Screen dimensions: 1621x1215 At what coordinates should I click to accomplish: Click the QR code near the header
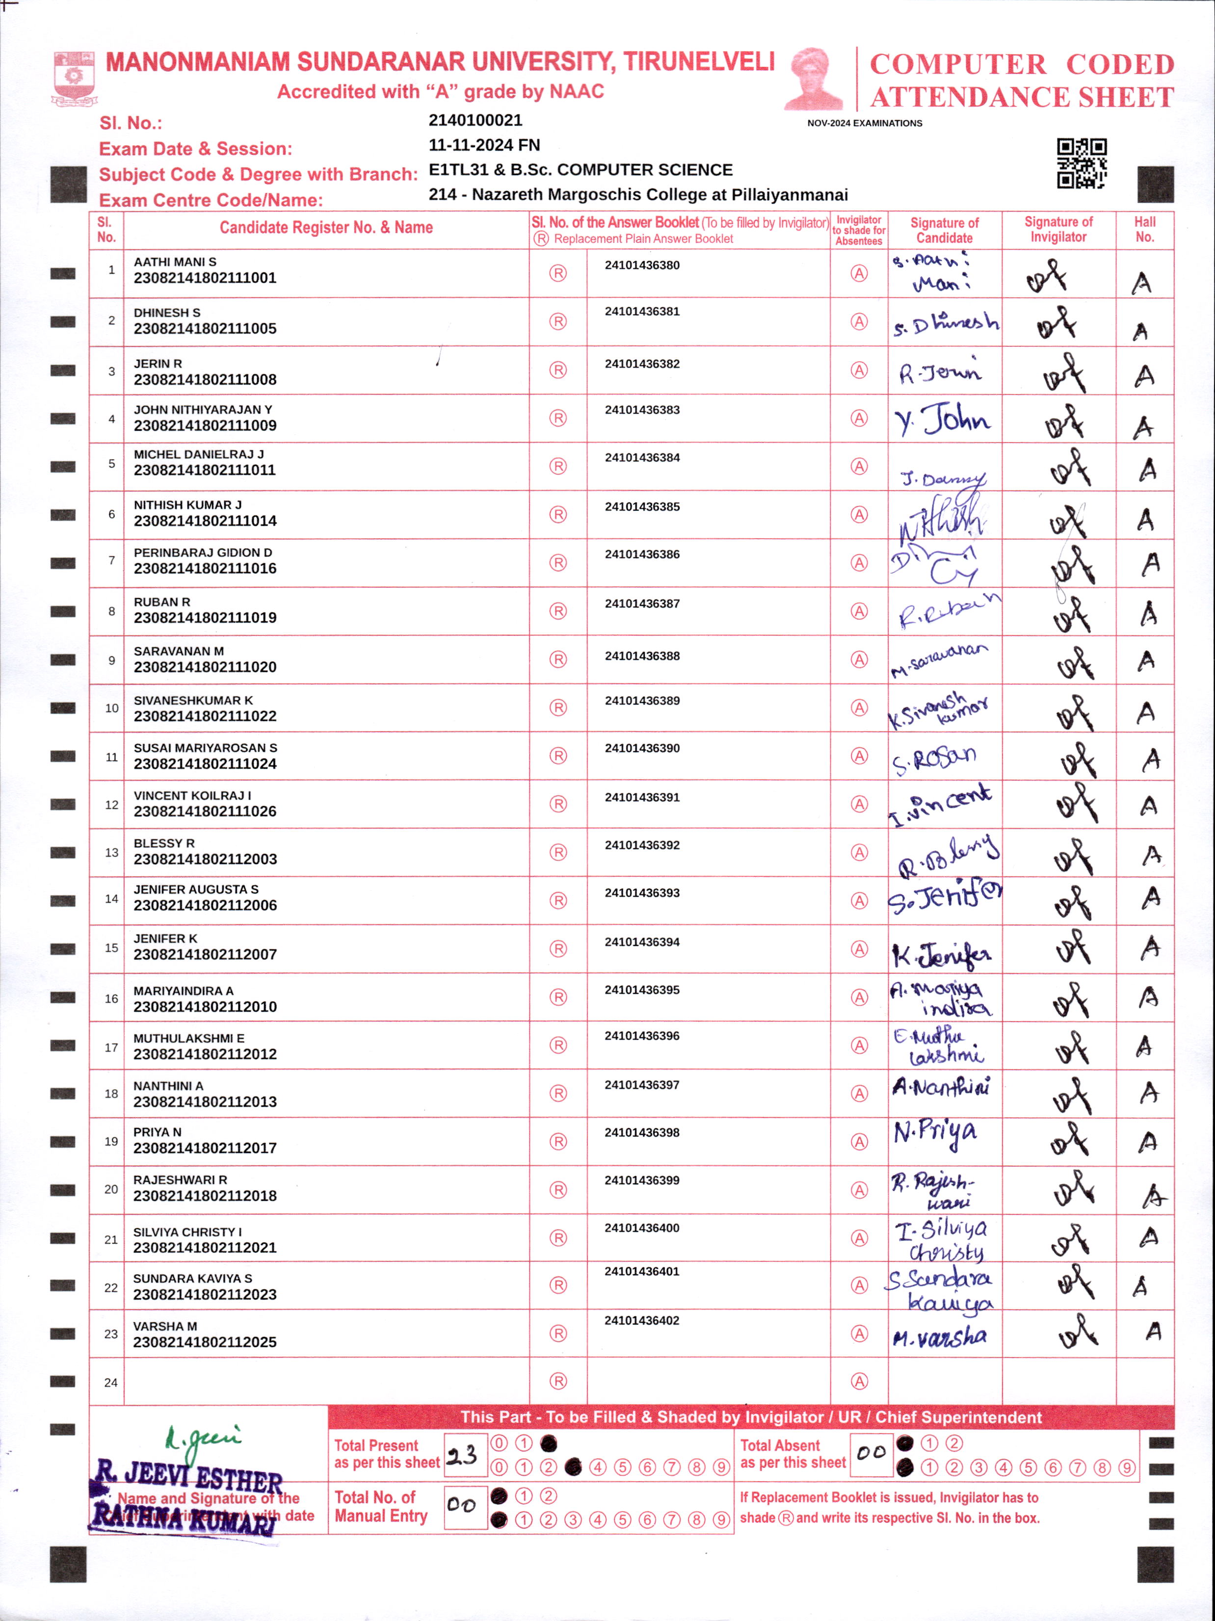click(1081, 163)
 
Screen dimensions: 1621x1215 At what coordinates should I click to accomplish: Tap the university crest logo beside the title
click(74, 78)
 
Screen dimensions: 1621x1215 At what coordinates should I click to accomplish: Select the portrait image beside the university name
click(814, 78)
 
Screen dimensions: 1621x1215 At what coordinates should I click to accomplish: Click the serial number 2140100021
click(475, 120)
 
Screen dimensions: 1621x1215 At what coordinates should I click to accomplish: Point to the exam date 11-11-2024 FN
click(484, 145)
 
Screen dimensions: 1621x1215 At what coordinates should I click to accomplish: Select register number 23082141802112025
click(205, 1342)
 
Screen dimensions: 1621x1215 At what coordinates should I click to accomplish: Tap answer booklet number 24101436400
click(641, 1228)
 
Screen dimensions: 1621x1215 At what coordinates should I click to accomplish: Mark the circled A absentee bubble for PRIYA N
click(859, 1142)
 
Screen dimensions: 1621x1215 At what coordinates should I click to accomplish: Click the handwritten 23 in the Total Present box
click(462, 1455)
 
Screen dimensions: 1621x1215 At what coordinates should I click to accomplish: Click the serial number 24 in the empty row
click(110, 1382)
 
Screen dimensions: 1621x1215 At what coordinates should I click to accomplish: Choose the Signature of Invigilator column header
click(1057, 230)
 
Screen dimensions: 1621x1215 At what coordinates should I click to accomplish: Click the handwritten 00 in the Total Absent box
click(871, 1452)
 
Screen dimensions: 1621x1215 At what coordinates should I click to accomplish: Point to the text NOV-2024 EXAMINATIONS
click(864, 123)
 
